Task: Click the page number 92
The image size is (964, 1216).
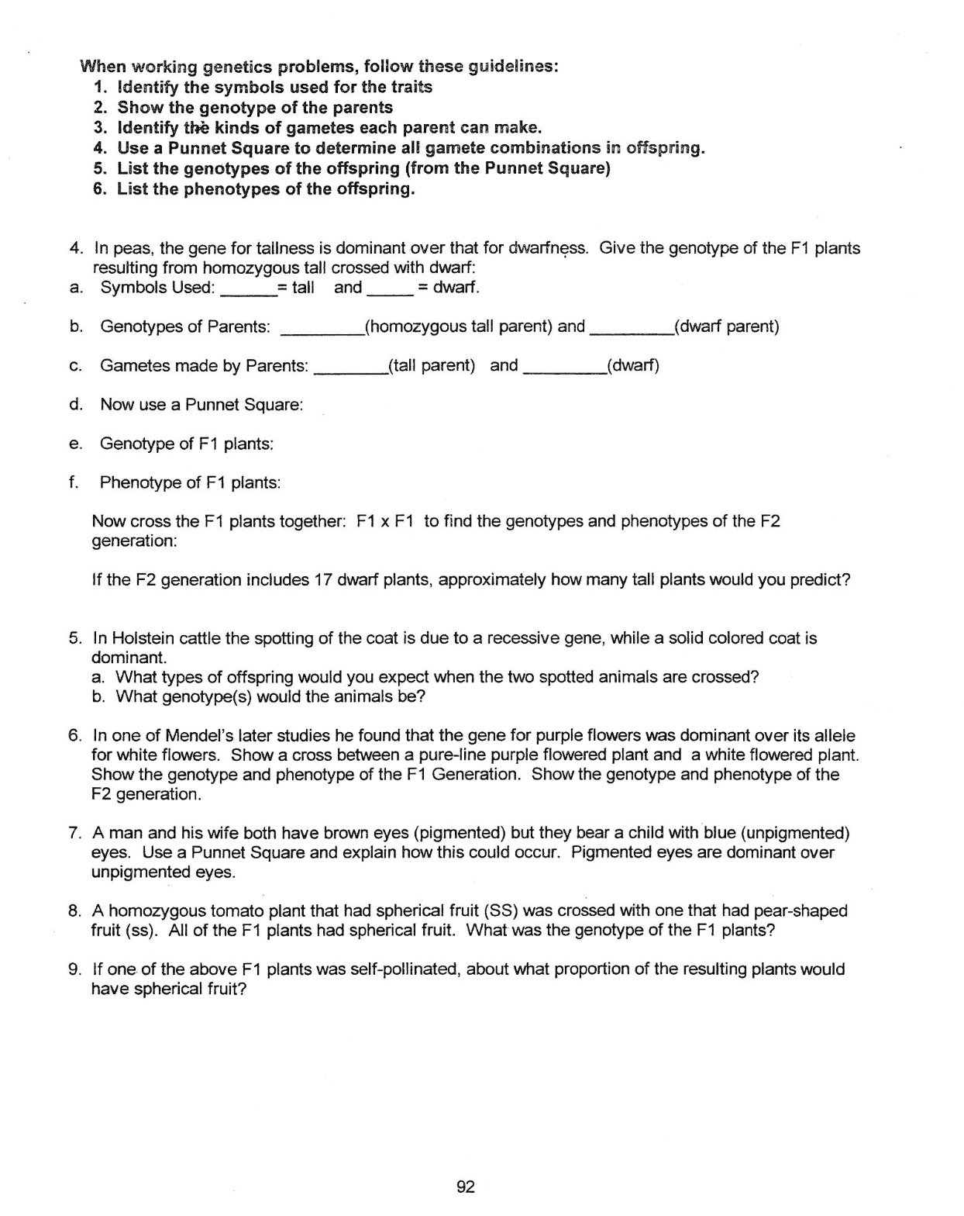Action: pos(466,1187)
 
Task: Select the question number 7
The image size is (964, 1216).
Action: pos(75,833)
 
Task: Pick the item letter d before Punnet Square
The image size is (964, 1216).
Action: pos(75,404)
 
